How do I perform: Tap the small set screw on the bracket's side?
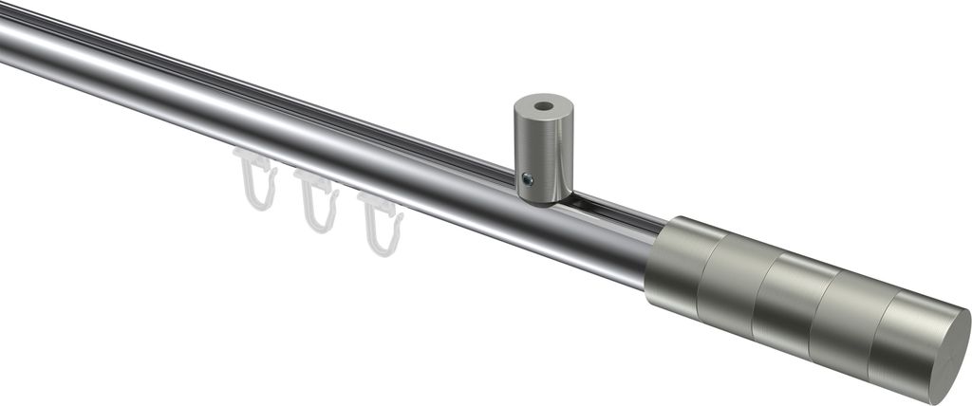point(529,178)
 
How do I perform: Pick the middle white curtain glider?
point(316,201)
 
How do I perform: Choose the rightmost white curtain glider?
point(382,224)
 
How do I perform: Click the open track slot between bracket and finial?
point(617,212)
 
